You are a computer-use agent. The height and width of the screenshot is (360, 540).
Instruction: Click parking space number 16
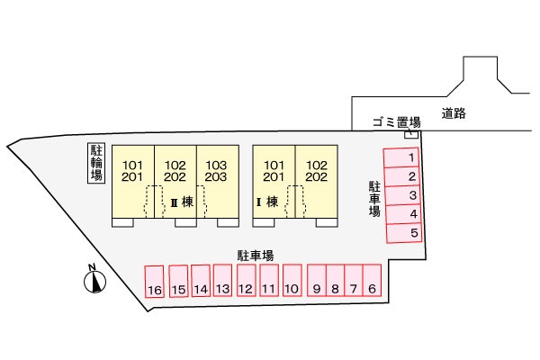[155, 282]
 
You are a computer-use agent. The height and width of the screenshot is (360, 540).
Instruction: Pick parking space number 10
[291, 281]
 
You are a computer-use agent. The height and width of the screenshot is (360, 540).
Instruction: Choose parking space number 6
[373, 281]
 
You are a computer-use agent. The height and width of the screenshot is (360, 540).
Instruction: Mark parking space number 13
[223, 281]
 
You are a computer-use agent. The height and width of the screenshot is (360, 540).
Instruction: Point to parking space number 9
[316, 281]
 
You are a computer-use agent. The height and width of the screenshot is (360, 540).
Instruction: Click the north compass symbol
[94, 280]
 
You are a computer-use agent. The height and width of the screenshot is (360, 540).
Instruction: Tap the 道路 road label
[454, 114]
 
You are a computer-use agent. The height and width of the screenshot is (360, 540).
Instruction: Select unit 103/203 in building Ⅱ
[217, 171]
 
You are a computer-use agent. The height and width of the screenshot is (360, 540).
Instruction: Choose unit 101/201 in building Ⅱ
[132, 171]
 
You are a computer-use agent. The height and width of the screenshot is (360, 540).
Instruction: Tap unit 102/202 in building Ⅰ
[316, 171]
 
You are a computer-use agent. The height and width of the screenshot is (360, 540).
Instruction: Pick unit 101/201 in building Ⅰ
[274, 171]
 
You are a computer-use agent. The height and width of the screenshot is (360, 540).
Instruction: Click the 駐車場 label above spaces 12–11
[256, 256]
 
